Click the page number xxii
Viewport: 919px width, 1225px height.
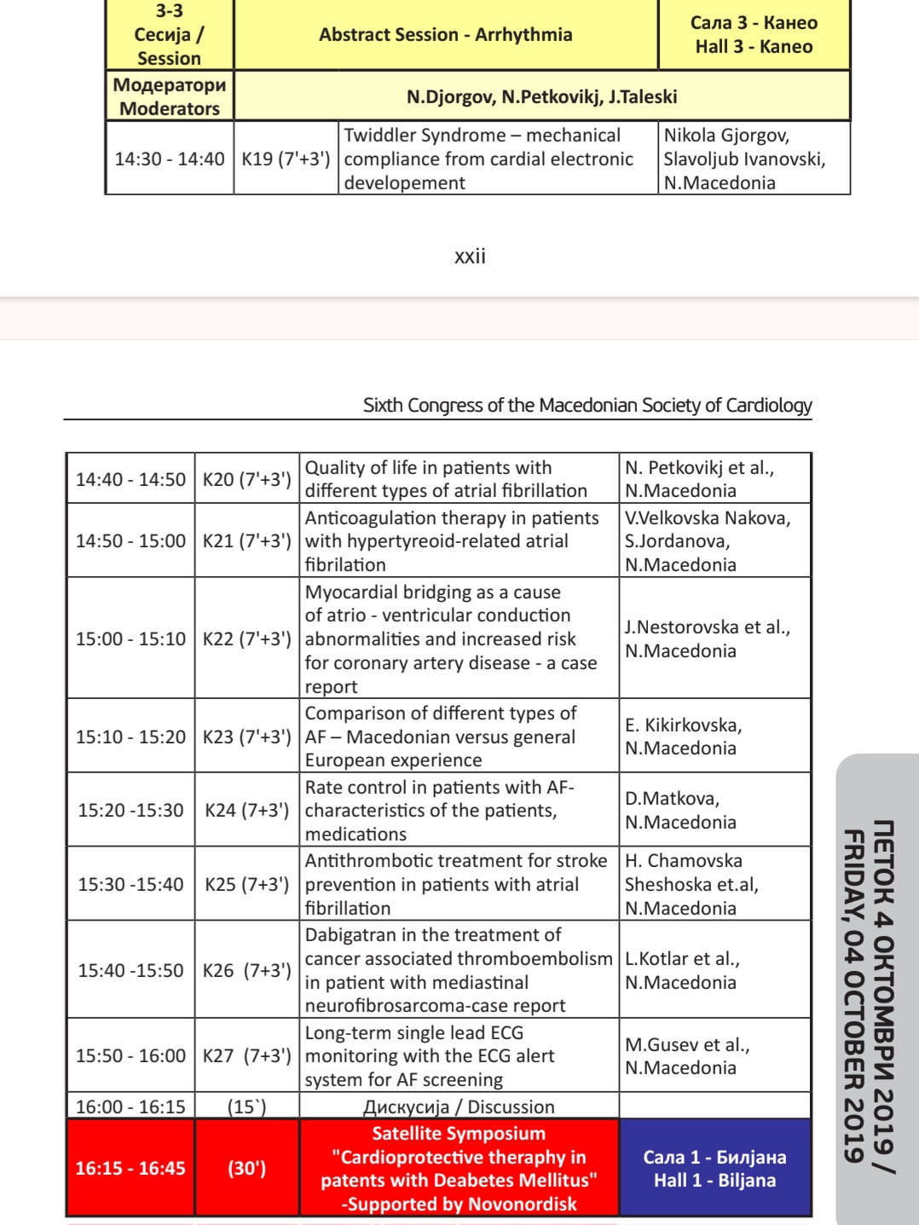click(x=470, y=257)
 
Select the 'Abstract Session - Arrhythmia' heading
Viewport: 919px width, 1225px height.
click(x=445, y=35)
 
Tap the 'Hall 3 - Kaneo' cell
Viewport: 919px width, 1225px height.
click(x=754, y=35)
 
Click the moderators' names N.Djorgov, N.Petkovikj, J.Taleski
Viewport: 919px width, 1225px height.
click(x=541, y=96)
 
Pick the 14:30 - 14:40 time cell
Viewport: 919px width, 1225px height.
click(x=170, y=159)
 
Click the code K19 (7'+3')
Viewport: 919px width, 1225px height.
click(x=286, y=159)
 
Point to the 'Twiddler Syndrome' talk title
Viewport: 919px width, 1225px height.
click(x=488, y=159)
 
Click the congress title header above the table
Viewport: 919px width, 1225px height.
click(x=587, y=405)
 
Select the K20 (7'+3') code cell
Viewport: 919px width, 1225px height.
click(x=246, y=479)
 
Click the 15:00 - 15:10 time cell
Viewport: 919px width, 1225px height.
click(x=130, y=639)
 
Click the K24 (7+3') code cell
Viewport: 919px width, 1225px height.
click(x=246, y=810)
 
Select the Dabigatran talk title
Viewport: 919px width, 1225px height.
click(x=458, y=969)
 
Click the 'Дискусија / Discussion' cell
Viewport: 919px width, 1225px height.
click(x=459, y=1107)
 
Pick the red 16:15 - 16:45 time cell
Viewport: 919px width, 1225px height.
click(x=130, y=1168)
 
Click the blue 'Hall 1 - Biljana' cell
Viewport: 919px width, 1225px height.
click(x=714, y=1168)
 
